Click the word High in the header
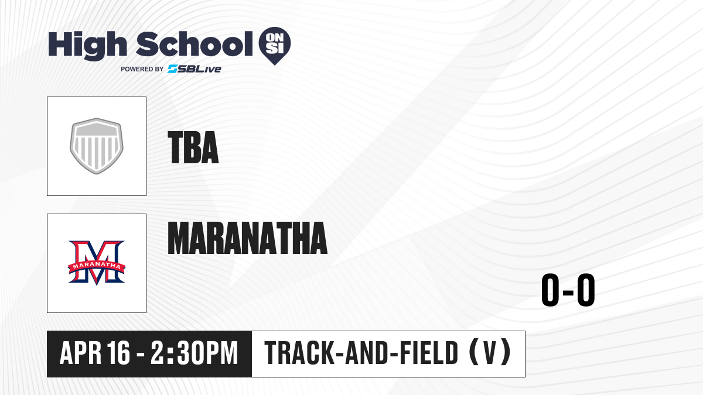pos(88,46)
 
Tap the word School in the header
pos(194,44)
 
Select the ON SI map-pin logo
pos(275,46)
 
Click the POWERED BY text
pos(142,69)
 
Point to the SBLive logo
pos(194,68)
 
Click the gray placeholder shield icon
pos(97,146)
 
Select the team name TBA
pos(193,147)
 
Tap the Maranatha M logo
pos(97,263)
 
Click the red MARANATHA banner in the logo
pos(97,266)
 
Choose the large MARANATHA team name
pos(248,238)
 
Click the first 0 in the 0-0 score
pos(551,290)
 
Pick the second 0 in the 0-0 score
pos(586,290)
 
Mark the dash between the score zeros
pos(568,292)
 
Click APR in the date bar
pos(80,353)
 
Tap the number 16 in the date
pos(118,353)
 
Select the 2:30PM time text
pos(194,353)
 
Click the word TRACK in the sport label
pos(299,353)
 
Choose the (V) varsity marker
pos(490,352)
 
